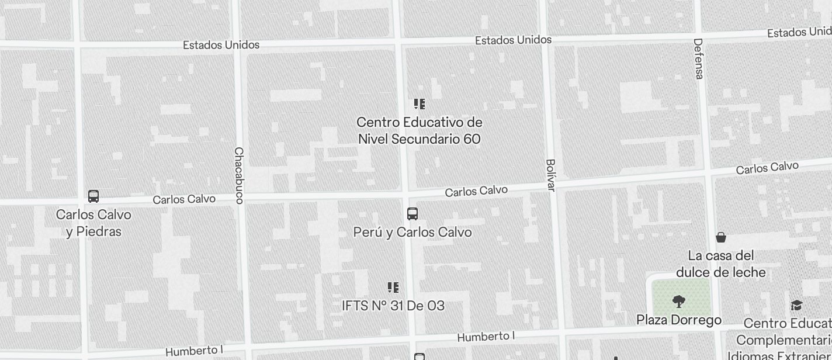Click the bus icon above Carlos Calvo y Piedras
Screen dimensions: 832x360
(93, 196)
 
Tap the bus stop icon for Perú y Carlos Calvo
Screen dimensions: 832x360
(412, 214)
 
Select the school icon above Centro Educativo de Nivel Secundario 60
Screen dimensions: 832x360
(419, 105)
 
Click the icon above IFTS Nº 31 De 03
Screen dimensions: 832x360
(393, 288)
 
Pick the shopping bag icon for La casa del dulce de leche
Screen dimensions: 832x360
(721, 237)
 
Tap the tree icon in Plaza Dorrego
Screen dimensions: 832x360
(678, 302)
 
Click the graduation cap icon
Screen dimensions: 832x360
(796, 306)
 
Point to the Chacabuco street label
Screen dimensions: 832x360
(238, 175)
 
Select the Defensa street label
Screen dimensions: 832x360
(699, 58)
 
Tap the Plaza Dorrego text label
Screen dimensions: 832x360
(678, 320)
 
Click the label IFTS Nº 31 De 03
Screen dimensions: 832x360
(393, 306)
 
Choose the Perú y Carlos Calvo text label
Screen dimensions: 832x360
(412, 232)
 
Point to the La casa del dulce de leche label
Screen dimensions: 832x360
(721, 264)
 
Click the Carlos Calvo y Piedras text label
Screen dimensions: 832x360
(93, 223)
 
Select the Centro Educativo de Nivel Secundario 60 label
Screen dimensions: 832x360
(419, 130)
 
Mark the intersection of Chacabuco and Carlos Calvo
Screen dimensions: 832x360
(241, 199)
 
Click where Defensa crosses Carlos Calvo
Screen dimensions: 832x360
(708, 174)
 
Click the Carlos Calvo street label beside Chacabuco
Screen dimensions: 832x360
(184, 199)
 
